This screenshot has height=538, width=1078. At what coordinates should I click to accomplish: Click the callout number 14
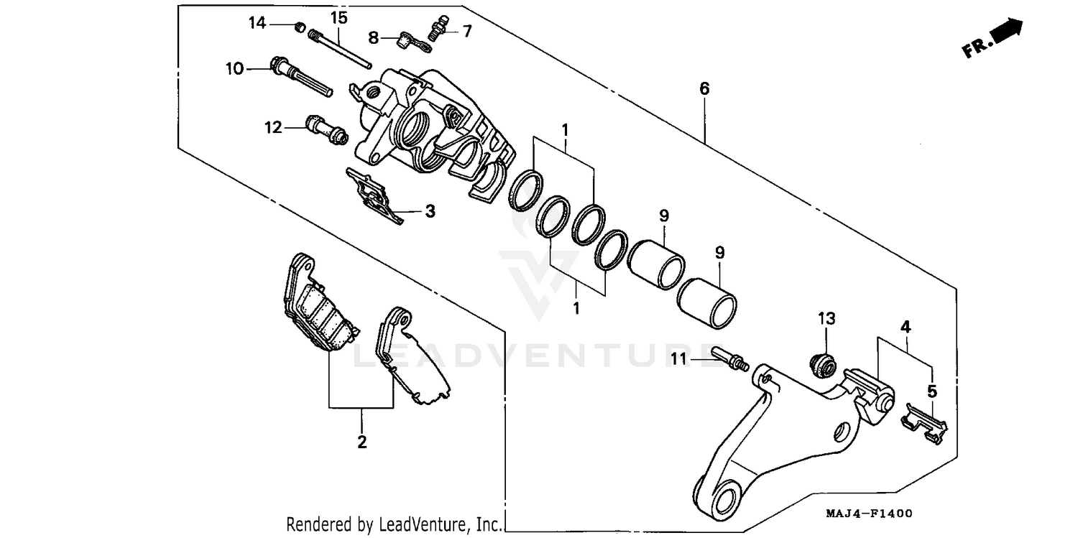pos(257,23)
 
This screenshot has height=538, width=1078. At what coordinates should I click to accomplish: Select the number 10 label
pos(234,69)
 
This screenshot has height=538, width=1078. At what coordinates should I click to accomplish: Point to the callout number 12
pos(273,128)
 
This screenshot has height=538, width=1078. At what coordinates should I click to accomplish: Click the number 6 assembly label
pos(704,88)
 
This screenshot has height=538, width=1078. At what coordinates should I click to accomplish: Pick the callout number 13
pos(826,318)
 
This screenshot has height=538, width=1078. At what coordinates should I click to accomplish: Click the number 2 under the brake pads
pos(361,441)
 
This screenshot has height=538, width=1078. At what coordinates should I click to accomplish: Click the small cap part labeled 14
pos(299,27)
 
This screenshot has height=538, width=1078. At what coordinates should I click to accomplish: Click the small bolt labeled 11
pos(729,358)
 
